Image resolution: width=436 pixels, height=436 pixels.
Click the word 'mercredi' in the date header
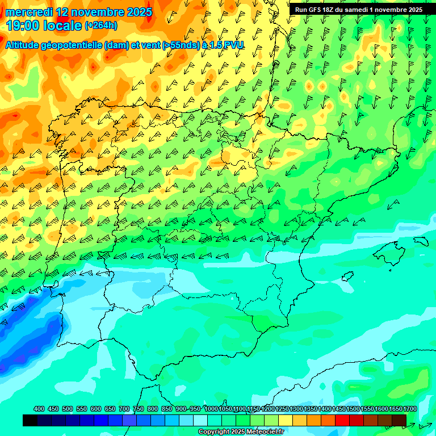coord(28,12)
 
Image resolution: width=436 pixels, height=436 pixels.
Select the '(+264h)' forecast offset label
coord(100,25)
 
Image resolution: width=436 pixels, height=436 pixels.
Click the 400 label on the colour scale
coord(39,409)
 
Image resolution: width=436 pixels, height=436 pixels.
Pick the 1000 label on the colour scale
coord(211,409)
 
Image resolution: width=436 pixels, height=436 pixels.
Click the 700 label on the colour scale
coord(124,409)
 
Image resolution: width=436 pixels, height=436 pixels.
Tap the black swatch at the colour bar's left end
coord(30,420)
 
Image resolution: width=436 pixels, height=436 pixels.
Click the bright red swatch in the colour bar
coord(342,420)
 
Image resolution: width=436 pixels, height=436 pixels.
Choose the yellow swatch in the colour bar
coord(286,420)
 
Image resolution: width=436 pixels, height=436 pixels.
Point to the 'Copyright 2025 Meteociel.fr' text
coord(241,432)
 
